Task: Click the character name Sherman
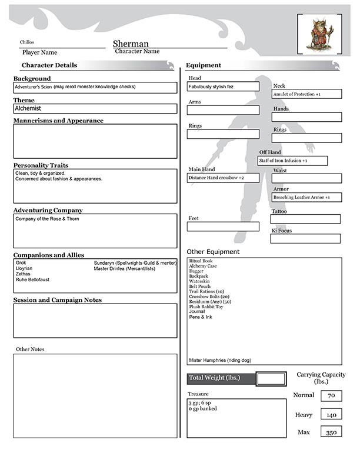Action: pos(131,44)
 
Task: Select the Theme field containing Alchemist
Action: pos(95,109)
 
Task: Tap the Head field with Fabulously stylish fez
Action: pos(223,86)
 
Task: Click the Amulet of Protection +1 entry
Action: pos(306,94)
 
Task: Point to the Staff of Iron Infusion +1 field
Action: pos(292,161)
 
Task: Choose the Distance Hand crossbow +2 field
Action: pos(223,178)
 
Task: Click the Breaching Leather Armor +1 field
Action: pos(306,197)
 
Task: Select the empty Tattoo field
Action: pos(305,219)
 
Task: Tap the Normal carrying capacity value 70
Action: pos(331,396)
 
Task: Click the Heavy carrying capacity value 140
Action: pos(331,415)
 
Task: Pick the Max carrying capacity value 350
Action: pos(331,433)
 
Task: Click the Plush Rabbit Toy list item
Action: pos(206,307)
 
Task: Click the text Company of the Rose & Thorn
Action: pos(47,219)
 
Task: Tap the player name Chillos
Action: pos(27,42)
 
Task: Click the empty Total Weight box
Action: pos(271,378)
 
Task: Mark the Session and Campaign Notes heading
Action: pos(58,300)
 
